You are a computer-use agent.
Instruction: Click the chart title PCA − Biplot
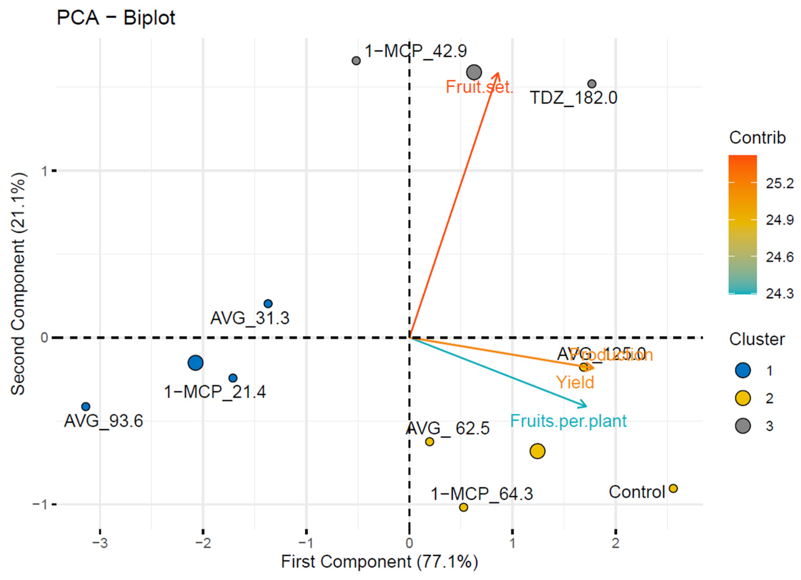116,18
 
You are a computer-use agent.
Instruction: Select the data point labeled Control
673,488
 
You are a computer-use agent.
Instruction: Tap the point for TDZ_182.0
592,84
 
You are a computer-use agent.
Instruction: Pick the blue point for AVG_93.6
86,407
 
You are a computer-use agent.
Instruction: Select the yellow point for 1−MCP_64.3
463,507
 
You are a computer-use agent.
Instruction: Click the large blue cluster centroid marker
195,363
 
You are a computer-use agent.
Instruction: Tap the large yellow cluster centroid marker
537,451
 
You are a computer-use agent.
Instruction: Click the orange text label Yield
575,382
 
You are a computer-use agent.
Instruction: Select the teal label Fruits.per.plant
568,421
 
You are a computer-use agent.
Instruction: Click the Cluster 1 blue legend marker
743,370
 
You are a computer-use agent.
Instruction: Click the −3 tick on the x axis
100,543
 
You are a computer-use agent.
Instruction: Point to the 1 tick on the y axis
44,171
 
